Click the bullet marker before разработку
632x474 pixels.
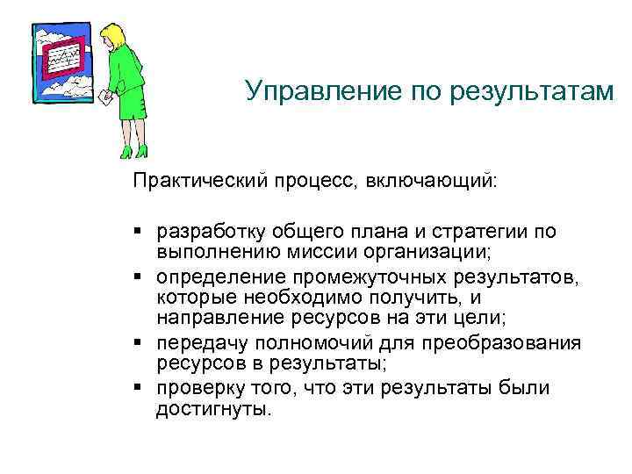140,232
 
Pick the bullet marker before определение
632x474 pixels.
140,278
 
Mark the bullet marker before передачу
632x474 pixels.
140,342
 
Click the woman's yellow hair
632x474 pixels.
113,37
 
